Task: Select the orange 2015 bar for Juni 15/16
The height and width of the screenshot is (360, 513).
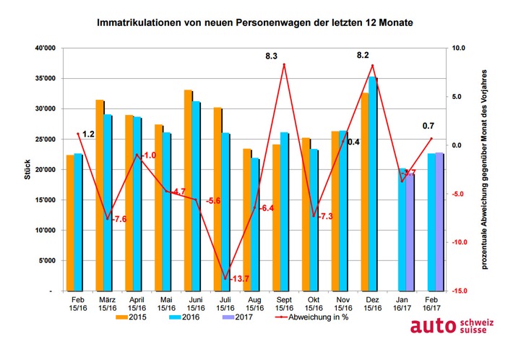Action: (187, 191)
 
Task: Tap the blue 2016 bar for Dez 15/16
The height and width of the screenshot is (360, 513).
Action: (373, 184)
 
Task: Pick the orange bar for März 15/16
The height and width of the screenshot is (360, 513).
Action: (100, 195)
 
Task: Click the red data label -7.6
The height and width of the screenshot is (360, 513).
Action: (117, 219)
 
